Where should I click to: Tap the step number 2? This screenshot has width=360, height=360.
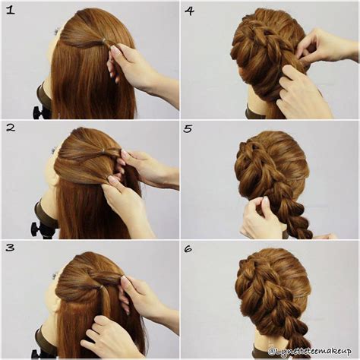click(x=11, y=127)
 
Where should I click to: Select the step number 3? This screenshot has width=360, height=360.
click(x=11, y=248)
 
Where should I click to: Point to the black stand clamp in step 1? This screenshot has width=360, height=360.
click(x=40, y=106)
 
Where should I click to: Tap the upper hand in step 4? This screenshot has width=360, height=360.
click(x=323, y=46)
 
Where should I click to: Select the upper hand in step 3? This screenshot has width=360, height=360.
click(x=141, y=296)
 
